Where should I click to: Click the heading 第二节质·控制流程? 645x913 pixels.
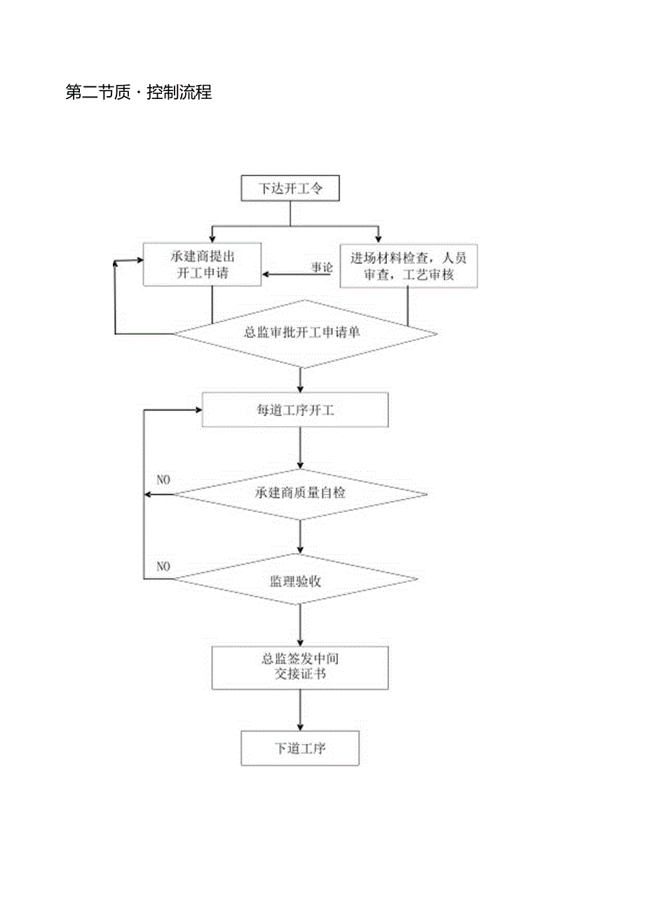coord(138,92)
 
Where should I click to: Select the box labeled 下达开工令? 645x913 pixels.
coord(290,189)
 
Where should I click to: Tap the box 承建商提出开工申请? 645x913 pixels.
coord(202,265)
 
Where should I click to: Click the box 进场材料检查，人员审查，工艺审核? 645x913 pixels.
coord(408,265)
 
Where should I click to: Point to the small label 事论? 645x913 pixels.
coord(322,267)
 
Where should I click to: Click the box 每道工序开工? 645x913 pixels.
coord(294,411)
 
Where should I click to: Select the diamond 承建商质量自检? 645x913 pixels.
coord(300,493)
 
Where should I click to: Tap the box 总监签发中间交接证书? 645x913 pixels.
coord(300,667)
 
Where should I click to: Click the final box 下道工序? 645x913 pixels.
coord(300,748)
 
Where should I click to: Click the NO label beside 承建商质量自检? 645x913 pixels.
coord(163,480)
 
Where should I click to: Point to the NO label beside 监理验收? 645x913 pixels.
coord(163,566)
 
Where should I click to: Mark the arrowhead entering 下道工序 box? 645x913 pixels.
coord(300,726)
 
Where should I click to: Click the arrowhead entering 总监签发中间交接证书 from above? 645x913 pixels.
coord(300,641)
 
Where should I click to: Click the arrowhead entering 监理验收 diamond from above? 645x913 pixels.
coord(300,550)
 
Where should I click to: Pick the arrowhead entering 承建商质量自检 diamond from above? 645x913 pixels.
coord(300,465)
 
